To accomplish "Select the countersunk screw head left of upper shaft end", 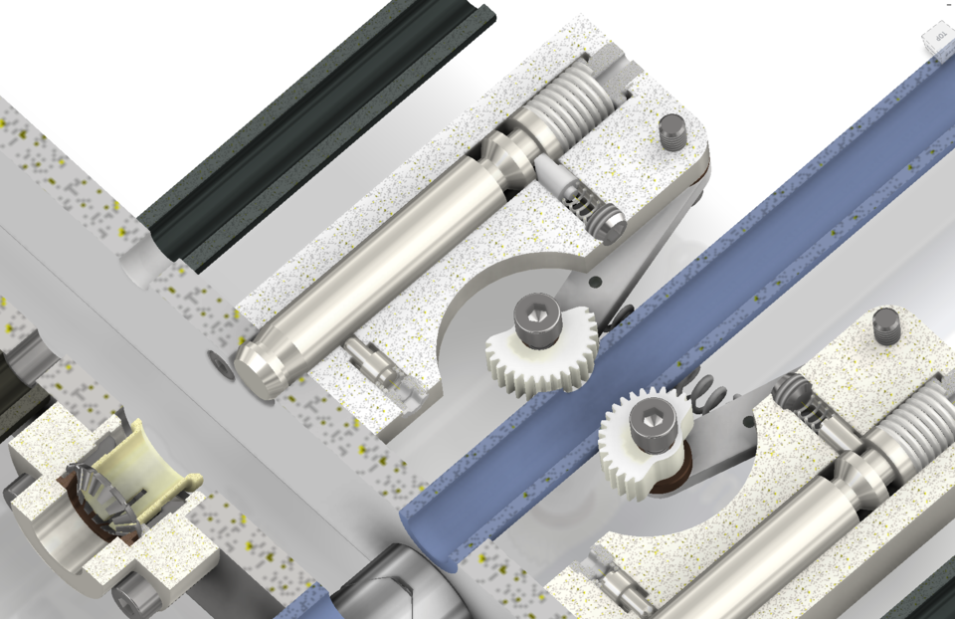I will click(220, 365).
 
